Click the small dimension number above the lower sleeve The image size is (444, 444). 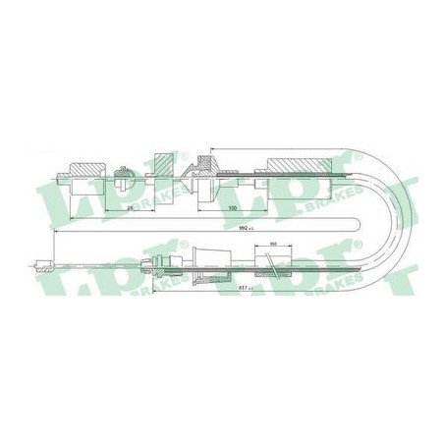pos(274,245)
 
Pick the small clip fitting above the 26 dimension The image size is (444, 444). pos(123,176)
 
